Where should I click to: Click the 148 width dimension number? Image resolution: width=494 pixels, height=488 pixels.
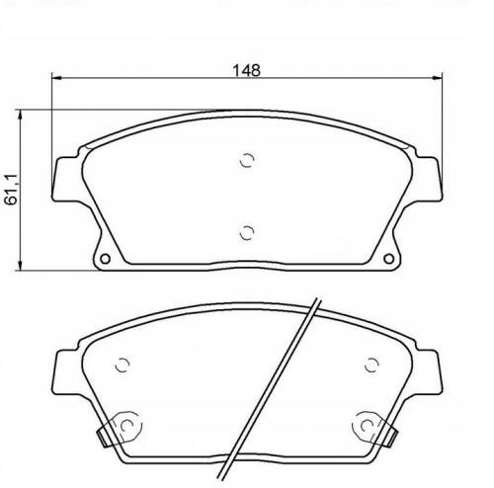tap(246, 70)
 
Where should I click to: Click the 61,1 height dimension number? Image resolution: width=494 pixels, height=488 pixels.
tap(11, 191)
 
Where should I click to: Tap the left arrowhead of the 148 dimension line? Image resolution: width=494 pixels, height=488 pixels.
tap(57, 78)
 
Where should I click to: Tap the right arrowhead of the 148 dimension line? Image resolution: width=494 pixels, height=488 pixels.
tap(437, 78)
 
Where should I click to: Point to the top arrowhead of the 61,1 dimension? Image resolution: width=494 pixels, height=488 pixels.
tap(21, 116)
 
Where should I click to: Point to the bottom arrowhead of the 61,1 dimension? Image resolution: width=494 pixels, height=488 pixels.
tap(21, 266)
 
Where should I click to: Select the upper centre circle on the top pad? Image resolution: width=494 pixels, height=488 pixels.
tap(247, 160)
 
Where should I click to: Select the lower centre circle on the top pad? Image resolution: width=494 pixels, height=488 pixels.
tap(247, 233)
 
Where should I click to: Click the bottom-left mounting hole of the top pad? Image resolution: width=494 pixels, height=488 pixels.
tap(105, 259)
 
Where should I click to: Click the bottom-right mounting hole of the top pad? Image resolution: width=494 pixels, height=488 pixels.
tap(389, 259)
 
